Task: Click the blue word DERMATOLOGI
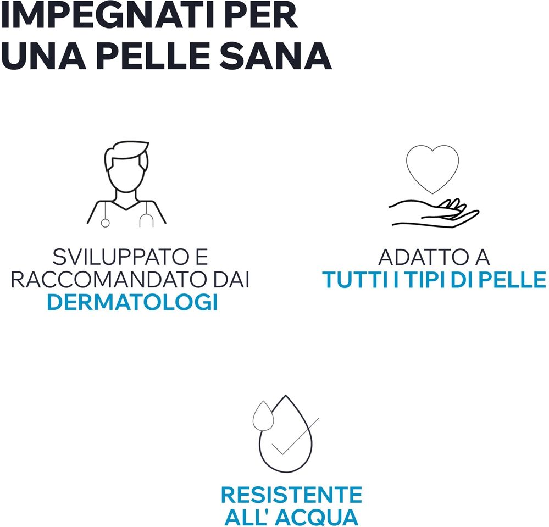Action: [132, 302]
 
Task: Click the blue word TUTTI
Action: [356, 279]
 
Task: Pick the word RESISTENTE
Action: [291, 495]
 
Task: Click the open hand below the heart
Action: [434, 214]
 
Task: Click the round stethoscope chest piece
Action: [105, 223]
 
